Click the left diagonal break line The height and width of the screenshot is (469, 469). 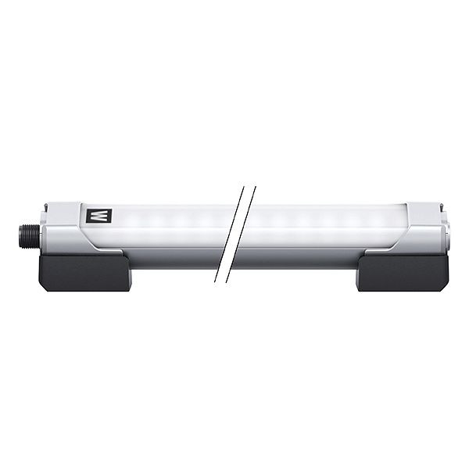click(231, 234)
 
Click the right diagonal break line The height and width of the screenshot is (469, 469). click(242, 234)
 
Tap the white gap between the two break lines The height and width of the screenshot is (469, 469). click(236, 234)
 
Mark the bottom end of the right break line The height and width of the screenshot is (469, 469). click(227, 281)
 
